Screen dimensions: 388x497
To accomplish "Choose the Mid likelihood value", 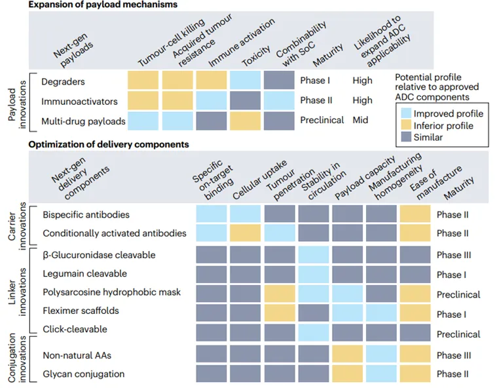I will coord(361,121).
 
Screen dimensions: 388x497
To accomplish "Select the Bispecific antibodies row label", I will coord(86,215).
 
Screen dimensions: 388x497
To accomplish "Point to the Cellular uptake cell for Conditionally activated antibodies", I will coord(245,233).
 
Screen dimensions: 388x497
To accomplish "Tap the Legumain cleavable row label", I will coord(84,274).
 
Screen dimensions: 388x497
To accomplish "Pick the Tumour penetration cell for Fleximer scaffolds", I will coord(280,311).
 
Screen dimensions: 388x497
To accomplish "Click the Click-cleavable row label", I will coord(75,329).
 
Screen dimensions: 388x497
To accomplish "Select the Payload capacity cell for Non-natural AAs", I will coord(348,355).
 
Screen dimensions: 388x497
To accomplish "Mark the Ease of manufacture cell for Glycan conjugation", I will coord(415,374).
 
